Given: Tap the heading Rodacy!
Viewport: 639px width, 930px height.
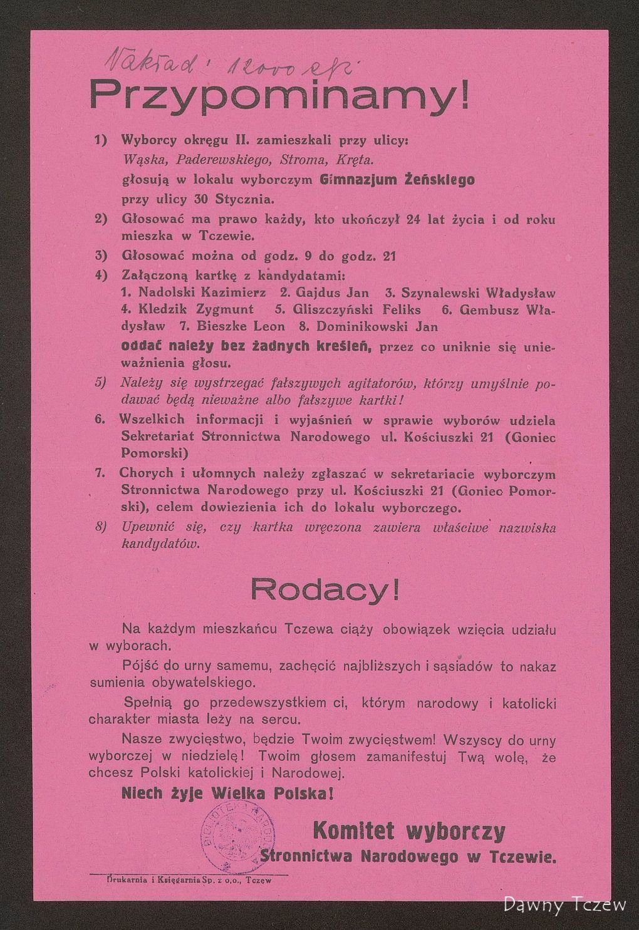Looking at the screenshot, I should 325,589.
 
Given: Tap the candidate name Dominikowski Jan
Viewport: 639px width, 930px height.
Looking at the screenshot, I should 377,326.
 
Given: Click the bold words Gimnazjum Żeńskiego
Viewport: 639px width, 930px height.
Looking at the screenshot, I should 397,180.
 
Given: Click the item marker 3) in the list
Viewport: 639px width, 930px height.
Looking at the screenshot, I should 101,256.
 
